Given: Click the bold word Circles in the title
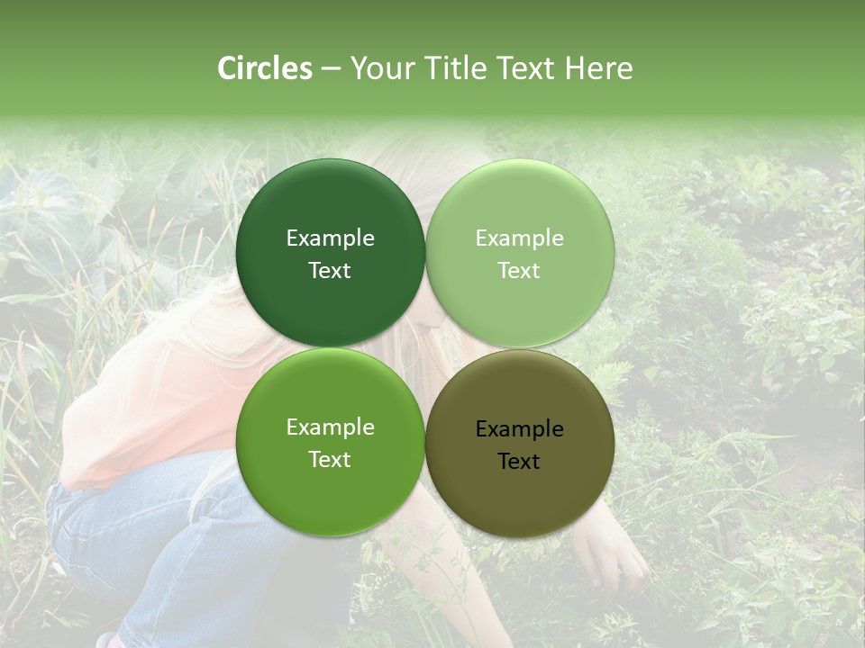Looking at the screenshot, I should tap(265, 68).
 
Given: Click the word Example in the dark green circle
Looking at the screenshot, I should tap(330, 238).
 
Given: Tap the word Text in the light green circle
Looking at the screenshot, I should tap(519, 271).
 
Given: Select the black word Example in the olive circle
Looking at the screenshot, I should tap(519, 429).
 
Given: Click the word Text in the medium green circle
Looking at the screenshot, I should tap(330, 460).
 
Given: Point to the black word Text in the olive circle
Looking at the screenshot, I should tap(519, 462).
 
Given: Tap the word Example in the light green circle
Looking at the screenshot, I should tap(519, 238).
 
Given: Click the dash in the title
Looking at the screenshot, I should tap(330, 68).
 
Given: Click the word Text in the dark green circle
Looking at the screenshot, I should tap(330, 271).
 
